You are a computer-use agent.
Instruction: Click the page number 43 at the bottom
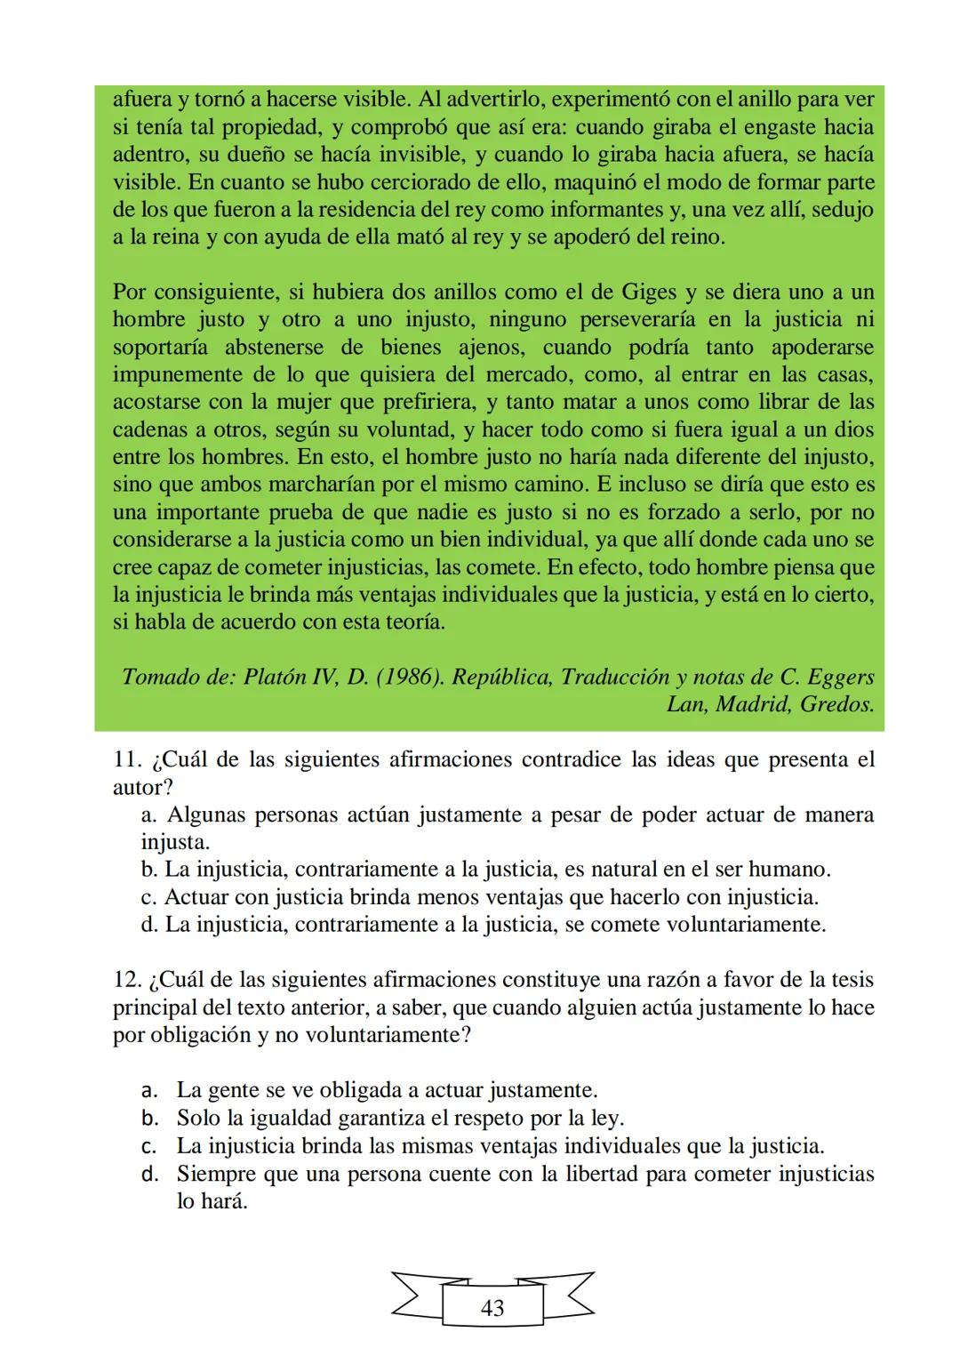coord(492,1308)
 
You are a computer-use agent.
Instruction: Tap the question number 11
coord(128,760)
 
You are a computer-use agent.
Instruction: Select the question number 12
coord(128,980)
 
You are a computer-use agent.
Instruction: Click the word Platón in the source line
coord(273,678)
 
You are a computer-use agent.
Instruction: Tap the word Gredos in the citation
coord(836,705)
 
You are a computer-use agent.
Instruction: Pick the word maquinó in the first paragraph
coord(607,183)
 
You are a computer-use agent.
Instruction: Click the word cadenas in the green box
coord(150,429)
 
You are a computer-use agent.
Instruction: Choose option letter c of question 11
coord(148,897)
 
